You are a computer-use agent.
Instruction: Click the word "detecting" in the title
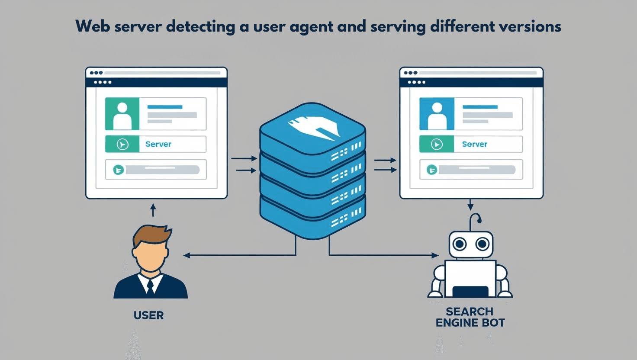(x=200, y=27)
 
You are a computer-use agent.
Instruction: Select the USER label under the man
(x=148, y=315)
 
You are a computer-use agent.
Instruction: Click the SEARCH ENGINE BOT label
(x=470, y=317)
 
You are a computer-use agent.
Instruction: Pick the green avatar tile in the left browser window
(x=122, y=114)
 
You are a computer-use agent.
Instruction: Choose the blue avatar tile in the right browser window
(x=437, y=114)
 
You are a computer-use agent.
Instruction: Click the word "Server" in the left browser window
(x=158, y=144)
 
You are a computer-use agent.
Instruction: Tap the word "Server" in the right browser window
(x=474, y=144)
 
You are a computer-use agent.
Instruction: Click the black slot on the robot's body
(x=470, y=291)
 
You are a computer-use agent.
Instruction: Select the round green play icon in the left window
(x=122, y=144)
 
